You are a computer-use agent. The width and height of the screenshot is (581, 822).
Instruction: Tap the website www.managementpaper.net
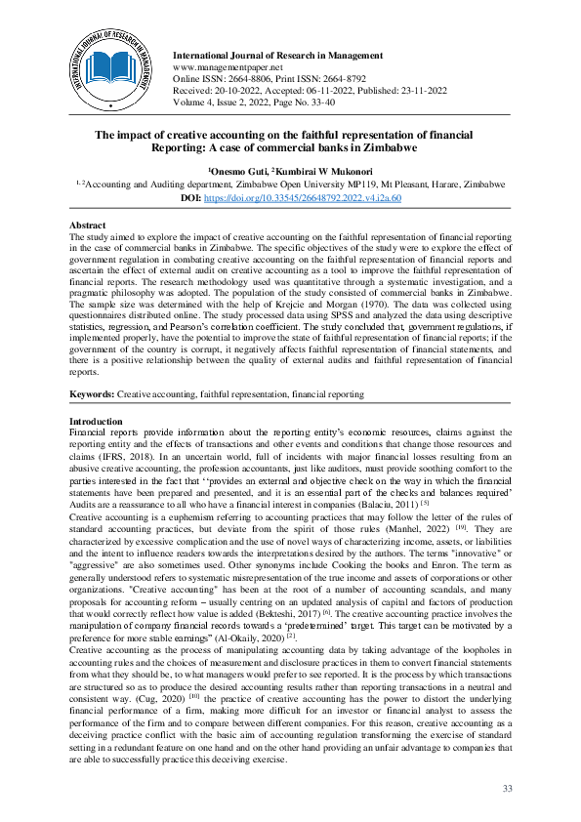[x=221, y=64]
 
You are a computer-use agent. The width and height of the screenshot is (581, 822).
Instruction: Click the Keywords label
[x=92, y=394]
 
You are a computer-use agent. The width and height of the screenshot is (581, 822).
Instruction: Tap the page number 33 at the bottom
[x=506, y=789]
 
